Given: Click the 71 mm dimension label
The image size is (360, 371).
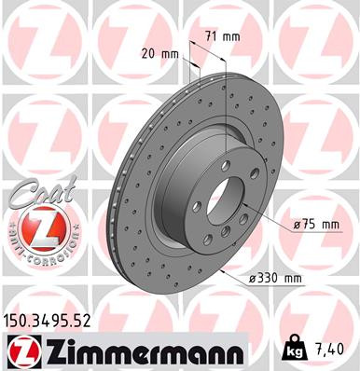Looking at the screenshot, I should [x=221, y=36].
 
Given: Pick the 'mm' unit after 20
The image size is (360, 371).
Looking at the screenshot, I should [x=169, y=53].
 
